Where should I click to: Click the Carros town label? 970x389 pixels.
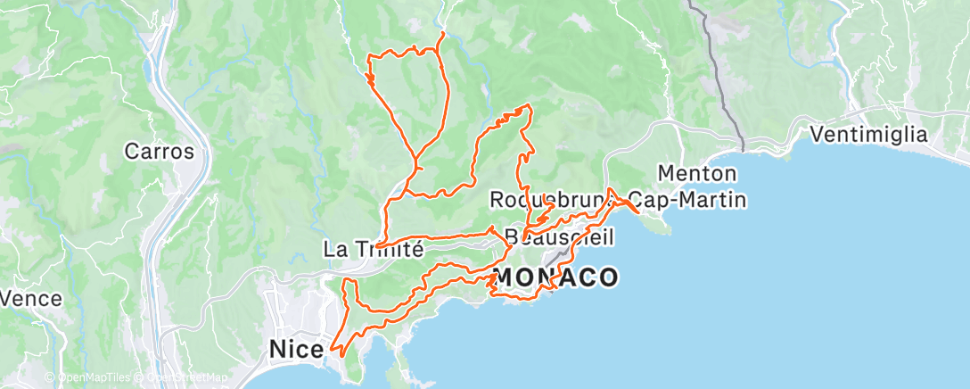160,151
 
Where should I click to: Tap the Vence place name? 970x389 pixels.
31,299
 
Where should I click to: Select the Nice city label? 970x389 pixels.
295,351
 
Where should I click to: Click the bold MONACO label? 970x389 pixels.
555,277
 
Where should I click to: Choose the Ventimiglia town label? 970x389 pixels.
869,135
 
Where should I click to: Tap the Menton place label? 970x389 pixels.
697,172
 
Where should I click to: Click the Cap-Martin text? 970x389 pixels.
687,199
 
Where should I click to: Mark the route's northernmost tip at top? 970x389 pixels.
444,33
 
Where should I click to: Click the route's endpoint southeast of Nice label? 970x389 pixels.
331,349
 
